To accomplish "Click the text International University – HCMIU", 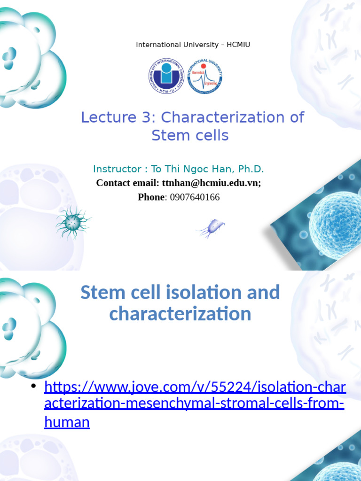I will (x=193, y=45).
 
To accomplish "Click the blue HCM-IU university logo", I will (x=166, y=76).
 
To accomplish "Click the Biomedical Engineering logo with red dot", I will (x=204, y=76).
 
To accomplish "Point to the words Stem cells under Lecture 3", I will (x=190, y=136).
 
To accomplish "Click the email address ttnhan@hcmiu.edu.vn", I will (x=210, y=183).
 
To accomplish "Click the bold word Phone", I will (x=150, y=197).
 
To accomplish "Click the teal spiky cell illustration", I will (x=72, y=223).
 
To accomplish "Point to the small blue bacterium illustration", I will (x=211, y=229).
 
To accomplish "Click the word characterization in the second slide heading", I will (x=180, y=314).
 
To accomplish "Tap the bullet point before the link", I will (x=33, y=386).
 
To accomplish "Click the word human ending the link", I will (x=67, y=422).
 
